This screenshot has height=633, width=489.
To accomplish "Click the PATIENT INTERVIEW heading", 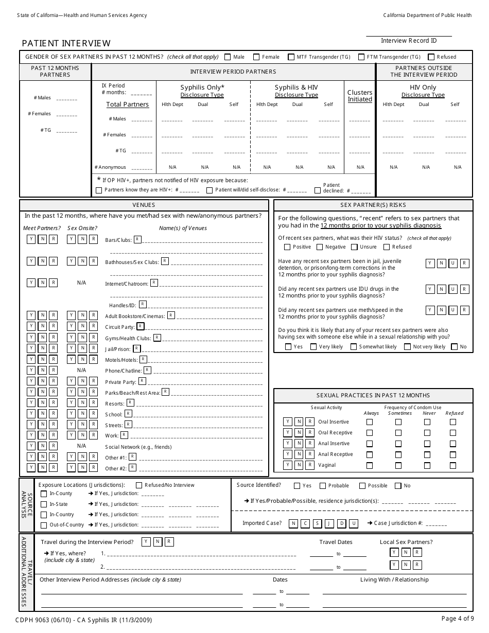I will (x=66, y=44).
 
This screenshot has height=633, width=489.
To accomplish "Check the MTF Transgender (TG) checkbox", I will (x=291, y=57).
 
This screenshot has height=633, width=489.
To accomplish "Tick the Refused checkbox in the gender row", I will (x=431, y=57).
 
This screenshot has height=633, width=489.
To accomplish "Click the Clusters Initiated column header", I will (x=360, y=96).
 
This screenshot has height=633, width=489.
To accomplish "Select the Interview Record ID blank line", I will (x=409, y=36).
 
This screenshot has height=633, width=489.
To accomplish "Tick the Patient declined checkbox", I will (x=318, y=190).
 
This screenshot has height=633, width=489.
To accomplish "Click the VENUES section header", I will (x=144, y=205).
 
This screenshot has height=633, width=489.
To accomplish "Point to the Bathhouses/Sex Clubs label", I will (x=132, y=262).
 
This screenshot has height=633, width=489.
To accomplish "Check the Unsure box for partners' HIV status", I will (x=354, y=247).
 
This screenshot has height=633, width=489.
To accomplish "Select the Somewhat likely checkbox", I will (x=354, y=347).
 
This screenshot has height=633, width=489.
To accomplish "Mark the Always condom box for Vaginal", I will (x=369, y=465).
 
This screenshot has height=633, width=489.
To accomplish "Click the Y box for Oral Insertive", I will (x=288, y=421).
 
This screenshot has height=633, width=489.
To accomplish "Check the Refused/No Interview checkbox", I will (x=139, y=485).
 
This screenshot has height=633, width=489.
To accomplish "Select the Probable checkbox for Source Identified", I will (x=323, y=486).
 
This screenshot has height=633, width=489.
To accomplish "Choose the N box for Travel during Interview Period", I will (x=158, y=541).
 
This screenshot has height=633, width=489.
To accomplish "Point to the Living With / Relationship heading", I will (x=394, y=579).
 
